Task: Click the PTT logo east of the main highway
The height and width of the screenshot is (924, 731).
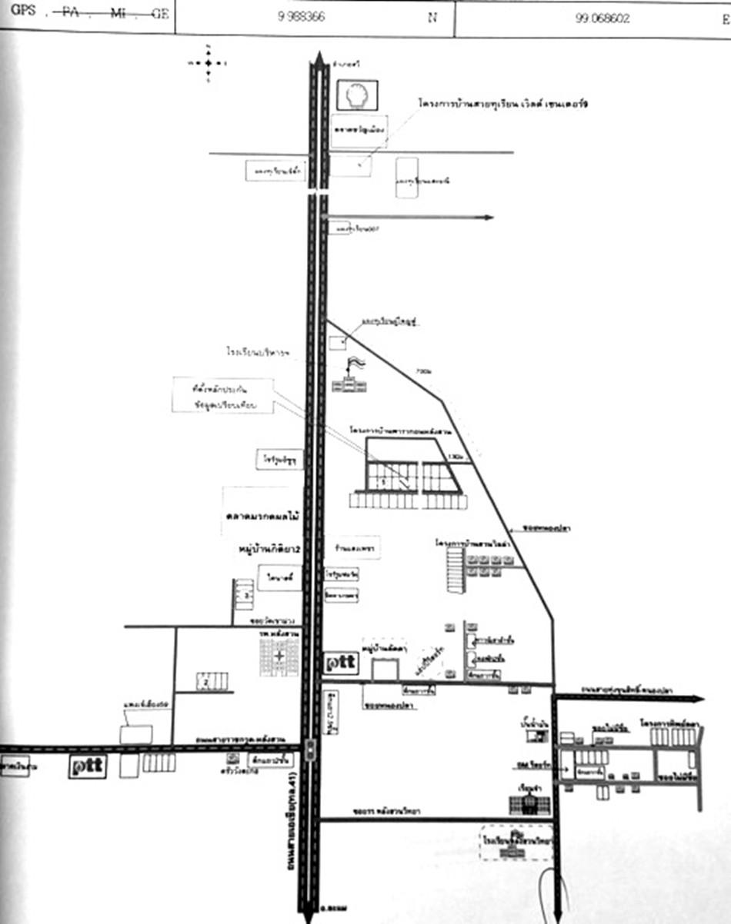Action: coord(341,663)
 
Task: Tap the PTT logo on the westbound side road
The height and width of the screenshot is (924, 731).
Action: coord(87,766)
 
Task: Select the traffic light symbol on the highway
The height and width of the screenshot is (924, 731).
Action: coord(310,750)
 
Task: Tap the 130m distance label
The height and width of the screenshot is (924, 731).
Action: coord(459,457)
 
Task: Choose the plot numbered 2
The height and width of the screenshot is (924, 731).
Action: coord(205,680)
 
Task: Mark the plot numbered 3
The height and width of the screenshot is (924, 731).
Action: coord(245,594)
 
